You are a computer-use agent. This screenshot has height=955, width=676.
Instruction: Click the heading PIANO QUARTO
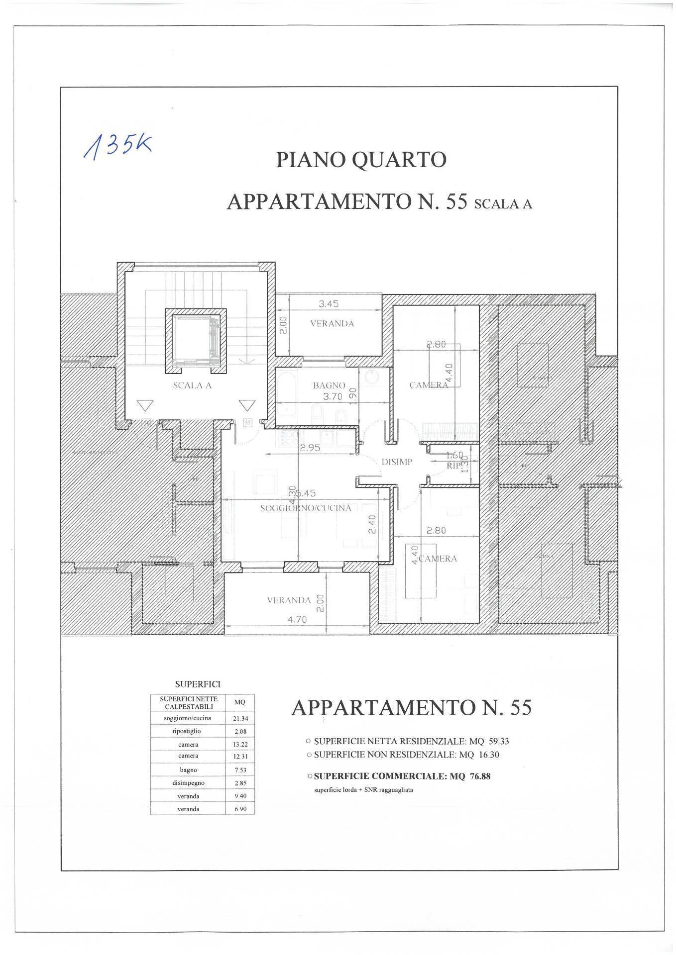point(361,160)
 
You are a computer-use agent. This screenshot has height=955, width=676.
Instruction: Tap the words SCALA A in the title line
point(503,204)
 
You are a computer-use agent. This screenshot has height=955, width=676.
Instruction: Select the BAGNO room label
point(329,385)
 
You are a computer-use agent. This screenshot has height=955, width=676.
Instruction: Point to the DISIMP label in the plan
point(397,462)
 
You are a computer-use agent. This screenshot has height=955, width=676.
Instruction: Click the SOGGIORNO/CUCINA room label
point(306,508)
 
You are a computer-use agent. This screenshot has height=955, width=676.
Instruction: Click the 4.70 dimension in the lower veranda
point(297,619)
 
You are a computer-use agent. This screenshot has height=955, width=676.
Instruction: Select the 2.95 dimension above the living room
point(310,448)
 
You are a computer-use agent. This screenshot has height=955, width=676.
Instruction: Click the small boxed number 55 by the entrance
point(247,422)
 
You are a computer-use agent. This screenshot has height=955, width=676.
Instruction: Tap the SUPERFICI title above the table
point(198,685)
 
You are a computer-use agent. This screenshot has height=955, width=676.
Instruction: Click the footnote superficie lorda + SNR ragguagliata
point(363,790)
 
